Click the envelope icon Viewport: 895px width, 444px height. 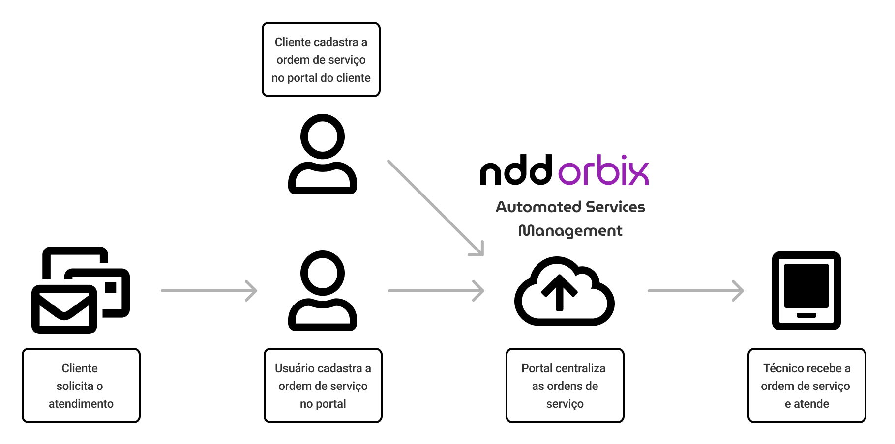(64, 309)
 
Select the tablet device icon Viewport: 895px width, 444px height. (806, 290)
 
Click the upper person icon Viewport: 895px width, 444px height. (322, 154)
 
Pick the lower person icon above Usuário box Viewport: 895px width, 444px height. (322, 291)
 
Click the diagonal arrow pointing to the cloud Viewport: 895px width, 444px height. (435, 207)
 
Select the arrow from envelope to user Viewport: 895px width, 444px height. (209, 291)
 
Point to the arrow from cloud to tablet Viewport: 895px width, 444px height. (695, 291)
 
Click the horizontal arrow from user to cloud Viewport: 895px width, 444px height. (436, 291)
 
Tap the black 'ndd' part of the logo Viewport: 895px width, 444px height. (516, 171)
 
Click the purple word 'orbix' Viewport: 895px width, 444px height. (603, 171)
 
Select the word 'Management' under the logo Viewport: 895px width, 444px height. (570, 231)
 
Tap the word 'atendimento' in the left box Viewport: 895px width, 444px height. (81, 404)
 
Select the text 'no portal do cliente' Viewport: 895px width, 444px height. (321, 78)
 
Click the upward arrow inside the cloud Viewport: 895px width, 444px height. (559, 292)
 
